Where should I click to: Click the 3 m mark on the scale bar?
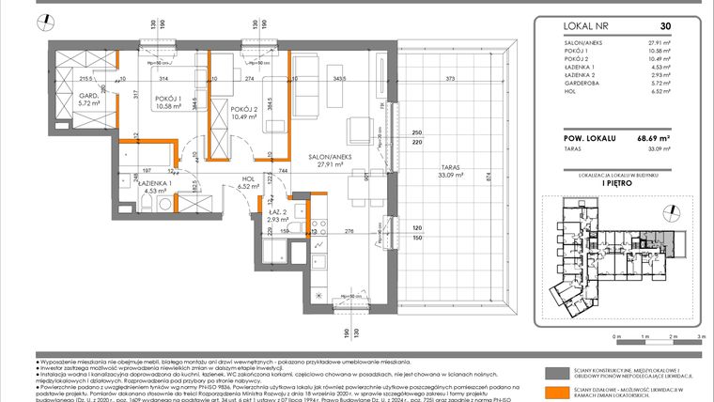point(702,337)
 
